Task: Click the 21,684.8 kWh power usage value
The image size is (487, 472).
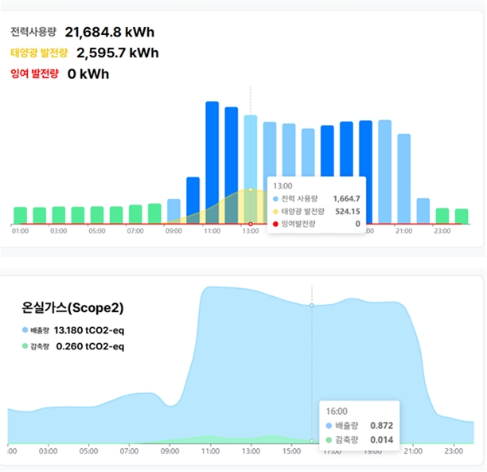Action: pos(110,33)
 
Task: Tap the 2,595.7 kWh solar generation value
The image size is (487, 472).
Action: pos(118,53)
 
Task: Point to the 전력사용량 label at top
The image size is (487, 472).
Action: pos(33,33)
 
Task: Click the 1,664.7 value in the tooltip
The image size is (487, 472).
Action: pos(345,198)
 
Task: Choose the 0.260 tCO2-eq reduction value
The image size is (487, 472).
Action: pos(91,346)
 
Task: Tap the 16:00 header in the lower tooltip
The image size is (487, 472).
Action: pos(337,412)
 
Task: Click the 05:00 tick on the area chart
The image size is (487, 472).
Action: pos(89,451)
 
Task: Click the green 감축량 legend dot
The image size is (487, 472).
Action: pos(25,346)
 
